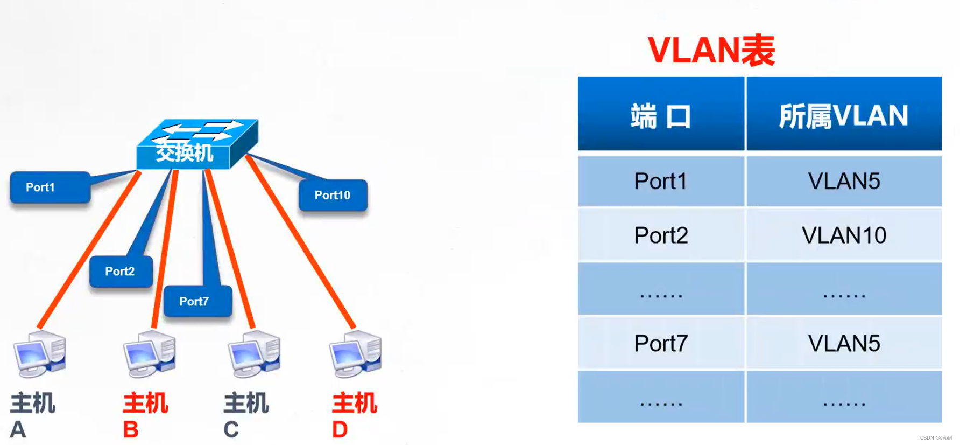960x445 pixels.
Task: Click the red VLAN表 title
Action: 711,51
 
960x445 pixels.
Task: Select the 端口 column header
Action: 661,115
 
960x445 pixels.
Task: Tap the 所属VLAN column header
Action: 843,115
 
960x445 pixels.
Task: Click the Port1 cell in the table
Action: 661,182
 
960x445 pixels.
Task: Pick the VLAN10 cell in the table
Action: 843,235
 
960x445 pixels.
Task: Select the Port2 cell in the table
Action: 661,235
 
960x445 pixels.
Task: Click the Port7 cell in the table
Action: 661,343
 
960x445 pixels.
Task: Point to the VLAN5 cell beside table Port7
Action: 843,343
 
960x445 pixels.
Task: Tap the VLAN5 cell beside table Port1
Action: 843,182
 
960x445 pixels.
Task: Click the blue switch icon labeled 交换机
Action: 196,144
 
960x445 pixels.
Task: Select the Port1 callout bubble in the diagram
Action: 50,187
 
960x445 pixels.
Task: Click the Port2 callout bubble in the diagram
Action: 121,271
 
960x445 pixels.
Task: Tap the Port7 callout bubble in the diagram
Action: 197,301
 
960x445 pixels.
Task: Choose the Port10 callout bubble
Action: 333,195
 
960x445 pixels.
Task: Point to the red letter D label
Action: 340,429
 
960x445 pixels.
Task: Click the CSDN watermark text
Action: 935,438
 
